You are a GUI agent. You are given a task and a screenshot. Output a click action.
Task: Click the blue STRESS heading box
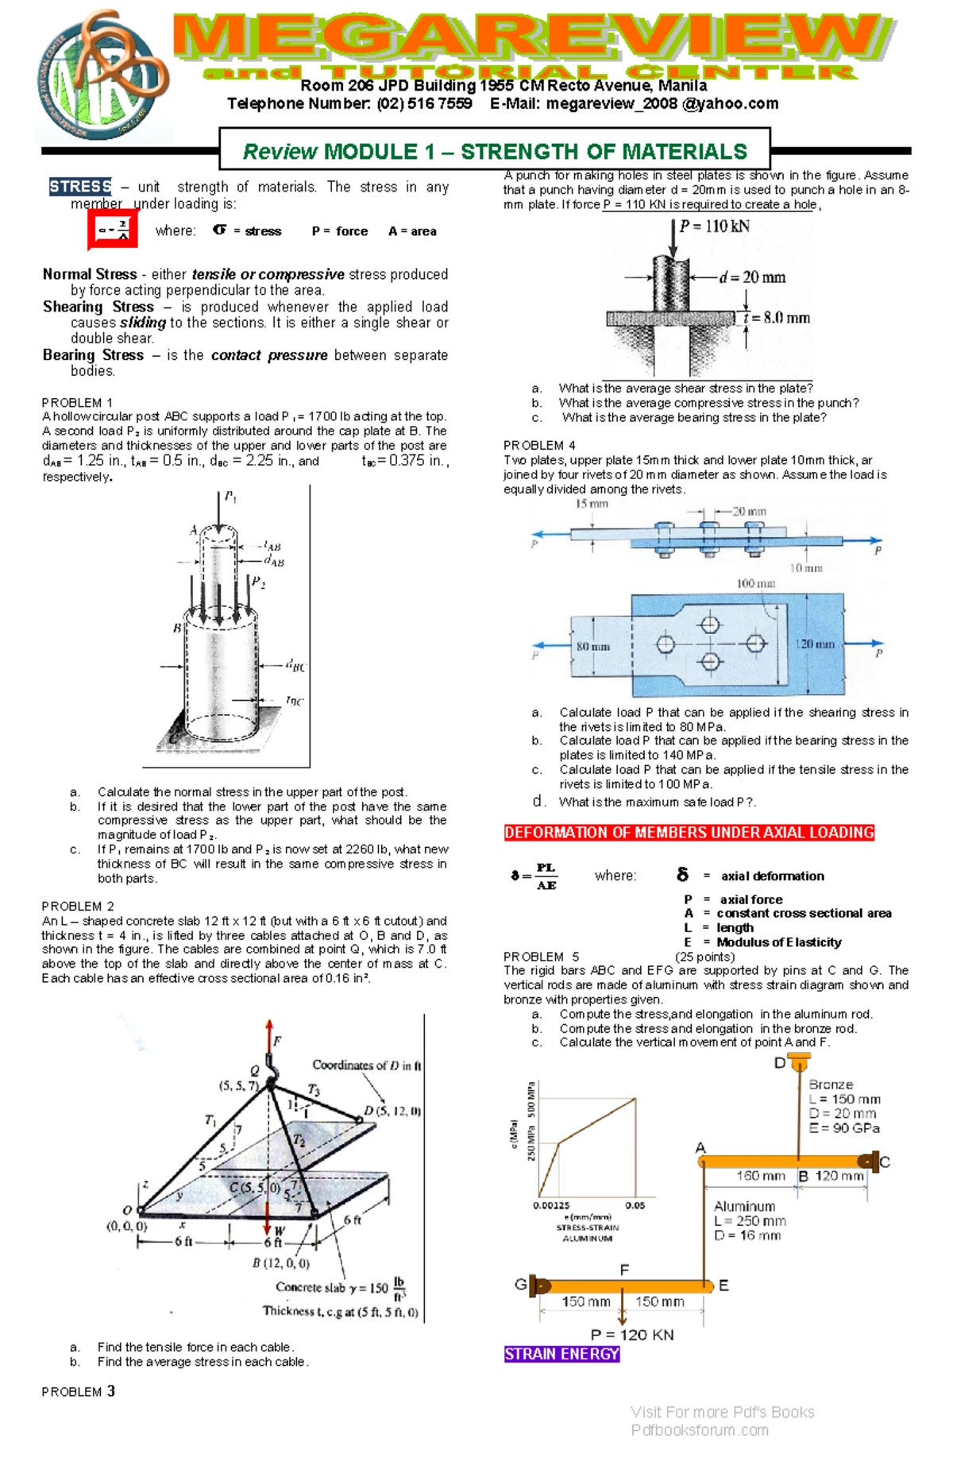80,187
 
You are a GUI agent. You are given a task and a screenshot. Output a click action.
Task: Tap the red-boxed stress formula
113,231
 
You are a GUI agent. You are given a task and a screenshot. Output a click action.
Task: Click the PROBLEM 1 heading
77,403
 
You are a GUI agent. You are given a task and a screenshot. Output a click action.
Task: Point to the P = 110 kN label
714,226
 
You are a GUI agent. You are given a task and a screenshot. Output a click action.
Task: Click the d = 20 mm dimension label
752,277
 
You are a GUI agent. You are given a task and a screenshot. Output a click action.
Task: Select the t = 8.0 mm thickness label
777,318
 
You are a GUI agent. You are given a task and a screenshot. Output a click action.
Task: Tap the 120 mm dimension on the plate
816,644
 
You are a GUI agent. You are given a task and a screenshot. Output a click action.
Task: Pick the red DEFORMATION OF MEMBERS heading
689,833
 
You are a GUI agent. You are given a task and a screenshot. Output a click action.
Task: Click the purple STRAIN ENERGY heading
561,1354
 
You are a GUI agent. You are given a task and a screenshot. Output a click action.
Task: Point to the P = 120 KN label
632,1335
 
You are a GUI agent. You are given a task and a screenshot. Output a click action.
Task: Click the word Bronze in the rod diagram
831,1085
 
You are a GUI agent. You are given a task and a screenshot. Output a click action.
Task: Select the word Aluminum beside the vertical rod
744,1206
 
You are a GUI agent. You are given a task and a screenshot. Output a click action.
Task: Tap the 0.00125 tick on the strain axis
551,1205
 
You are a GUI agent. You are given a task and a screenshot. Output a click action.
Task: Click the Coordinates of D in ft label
366,1065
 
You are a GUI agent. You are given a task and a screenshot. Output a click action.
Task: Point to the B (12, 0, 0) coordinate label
281,1263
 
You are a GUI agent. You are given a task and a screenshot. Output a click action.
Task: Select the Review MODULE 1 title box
495,150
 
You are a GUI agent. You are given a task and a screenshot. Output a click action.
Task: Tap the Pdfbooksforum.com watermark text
700,1430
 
